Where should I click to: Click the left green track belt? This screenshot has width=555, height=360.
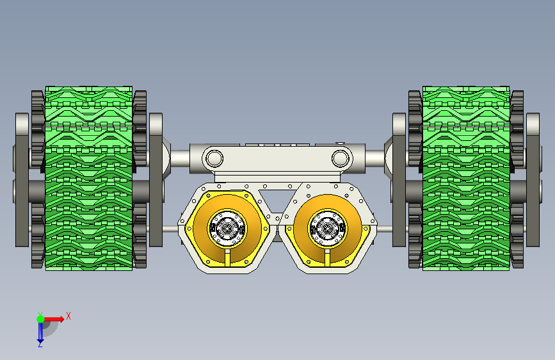coord(89,178)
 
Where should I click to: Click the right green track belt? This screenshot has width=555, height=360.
coord(466,178)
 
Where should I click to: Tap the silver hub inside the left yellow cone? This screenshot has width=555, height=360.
coord(227,229)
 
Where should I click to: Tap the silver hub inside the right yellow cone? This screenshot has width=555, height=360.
coord(327,229)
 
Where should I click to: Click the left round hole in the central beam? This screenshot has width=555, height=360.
coord(214,158)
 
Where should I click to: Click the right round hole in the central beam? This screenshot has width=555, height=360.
coord(340,158)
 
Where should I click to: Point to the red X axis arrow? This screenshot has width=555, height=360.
coord(53,319)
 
